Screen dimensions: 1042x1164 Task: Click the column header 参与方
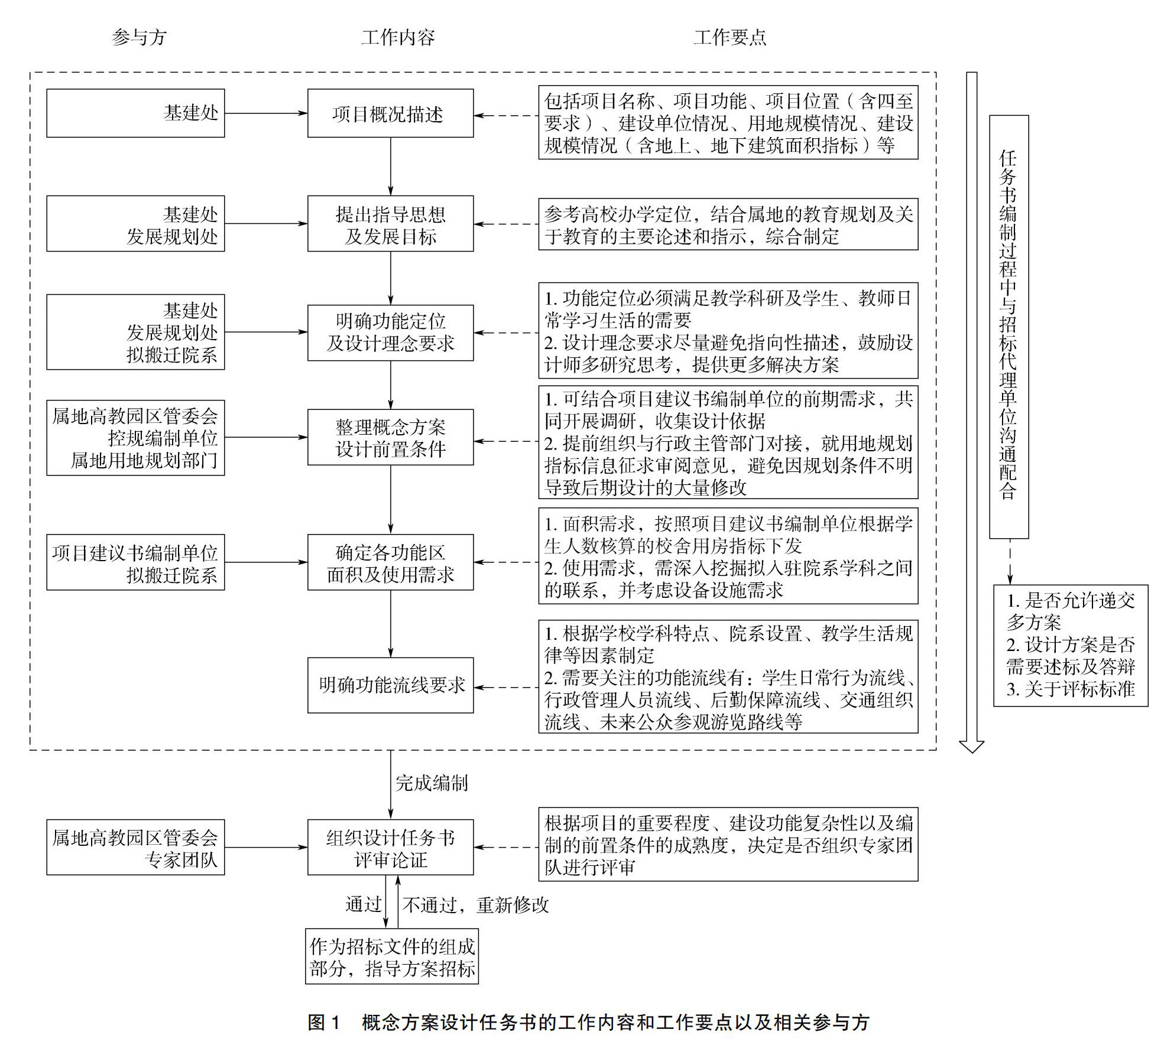click(x=139, y=38)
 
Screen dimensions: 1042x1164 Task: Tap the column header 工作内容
click(x=398, y=38)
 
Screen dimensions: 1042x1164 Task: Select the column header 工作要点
click(x=729, y=38)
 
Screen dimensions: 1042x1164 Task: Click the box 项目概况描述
click(x=390, y=113)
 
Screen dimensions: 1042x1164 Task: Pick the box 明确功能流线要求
click(x=390, y=685)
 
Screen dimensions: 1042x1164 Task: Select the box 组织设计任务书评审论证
click(x=390, y=847)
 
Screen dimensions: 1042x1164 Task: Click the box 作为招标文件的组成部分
click(x=391, y=957)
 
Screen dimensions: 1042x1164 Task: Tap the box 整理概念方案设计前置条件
click(x=390, y=437)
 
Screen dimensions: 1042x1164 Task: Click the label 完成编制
click(x=432, y=783)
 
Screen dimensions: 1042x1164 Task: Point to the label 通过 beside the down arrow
click(x=363, y=904)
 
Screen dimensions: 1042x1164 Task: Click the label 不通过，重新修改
click(x=476, y=905)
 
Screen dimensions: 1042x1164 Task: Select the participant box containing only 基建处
click(x=135, y=113)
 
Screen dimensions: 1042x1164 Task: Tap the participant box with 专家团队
click(x=135, y=847)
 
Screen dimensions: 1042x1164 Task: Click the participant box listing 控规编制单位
click(x=135, y=438)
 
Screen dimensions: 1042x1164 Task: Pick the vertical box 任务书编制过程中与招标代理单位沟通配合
click(x=1009, y=327)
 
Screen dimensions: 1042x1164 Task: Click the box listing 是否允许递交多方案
click(x=1070, y=646)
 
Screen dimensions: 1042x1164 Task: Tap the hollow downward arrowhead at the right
click(x=971, y=745)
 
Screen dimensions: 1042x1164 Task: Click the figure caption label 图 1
click(x=324, y=1023)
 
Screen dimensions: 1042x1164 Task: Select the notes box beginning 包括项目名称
click(x=728, y=123)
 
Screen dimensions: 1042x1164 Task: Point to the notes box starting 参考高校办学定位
click(x=728, y=224)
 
